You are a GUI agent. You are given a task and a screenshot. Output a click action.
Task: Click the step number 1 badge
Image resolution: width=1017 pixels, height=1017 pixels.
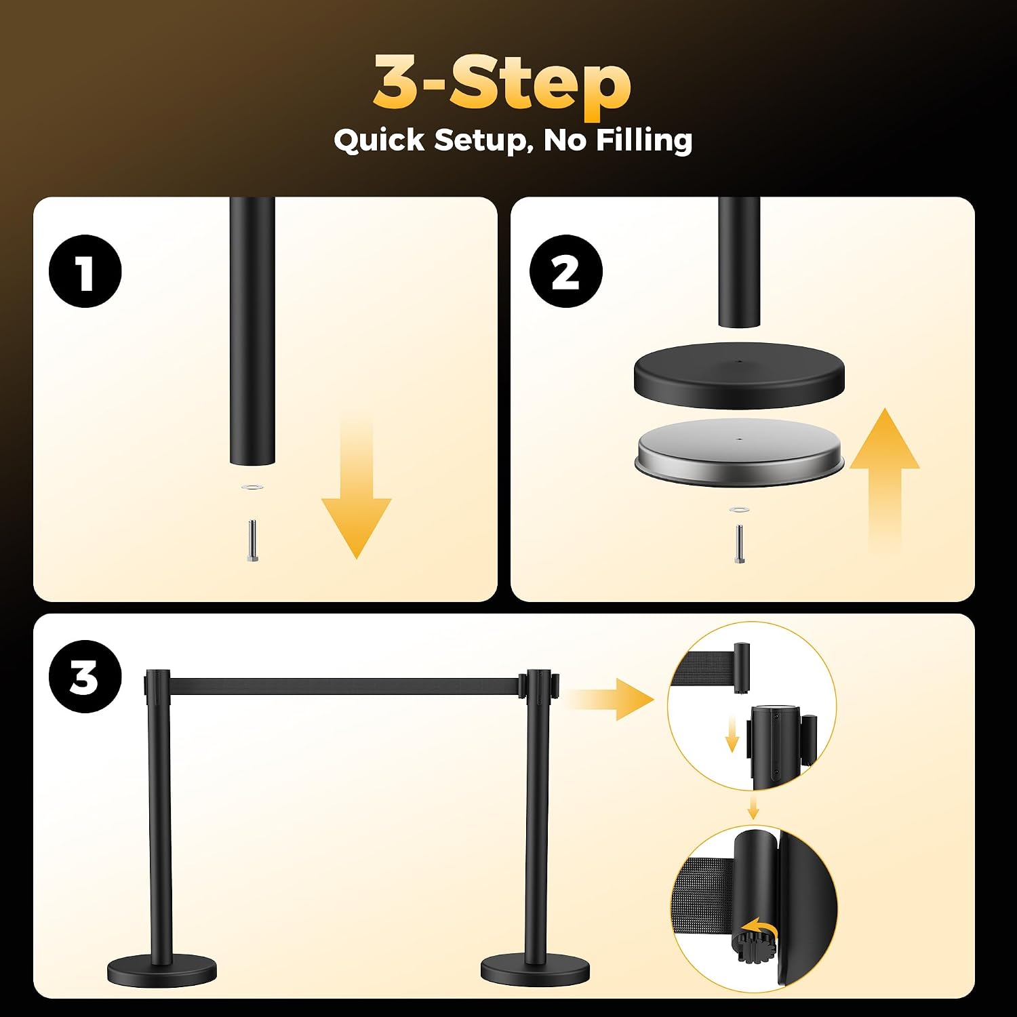[85, 271]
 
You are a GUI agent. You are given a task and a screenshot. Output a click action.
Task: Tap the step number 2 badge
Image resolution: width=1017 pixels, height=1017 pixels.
[565, 271]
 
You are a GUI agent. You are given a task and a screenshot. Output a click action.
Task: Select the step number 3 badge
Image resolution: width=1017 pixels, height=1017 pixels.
[85, 676]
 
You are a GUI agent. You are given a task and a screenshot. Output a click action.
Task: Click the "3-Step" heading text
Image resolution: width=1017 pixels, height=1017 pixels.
[502, 83]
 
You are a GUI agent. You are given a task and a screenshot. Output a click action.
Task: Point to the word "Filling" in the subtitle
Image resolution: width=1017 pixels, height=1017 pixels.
[644, 140]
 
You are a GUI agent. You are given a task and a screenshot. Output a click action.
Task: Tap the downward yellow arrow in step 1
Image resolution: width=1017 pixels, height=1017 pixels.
[356, 488]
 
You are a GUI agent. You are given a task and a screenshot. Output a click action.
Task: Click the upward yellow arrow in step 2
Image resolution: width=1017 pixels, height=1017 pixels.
[884, 478]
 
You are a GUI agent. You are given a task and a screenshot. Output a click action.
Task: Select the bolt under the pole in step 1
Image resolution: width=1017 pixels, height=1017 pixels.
[252, 540]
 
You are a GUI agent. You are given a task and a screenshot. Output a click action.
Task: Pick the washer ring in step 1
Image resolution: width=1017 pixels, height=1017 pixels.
[252, 487]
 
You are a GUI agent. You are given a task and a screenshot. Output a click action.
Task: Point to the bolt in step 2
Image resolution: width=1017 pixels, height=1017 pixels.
[737, 543]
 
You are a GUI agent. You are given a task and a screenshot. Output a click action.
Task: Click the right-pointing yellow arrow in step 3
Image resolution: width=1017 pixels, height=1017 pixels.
[610, 698]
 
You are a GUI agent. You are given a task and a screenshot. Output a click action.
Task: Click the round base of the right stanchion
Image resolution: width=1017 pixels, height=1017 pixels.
[536, 970]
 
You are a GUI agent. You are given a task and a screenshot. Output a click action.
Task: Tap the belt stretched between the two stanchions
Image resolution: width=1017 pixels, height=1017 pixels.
[344, 686]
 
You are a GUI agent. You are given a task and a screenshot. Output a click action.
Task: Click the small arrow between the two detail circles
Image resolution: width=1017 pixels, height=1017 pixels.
[753, 807]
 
